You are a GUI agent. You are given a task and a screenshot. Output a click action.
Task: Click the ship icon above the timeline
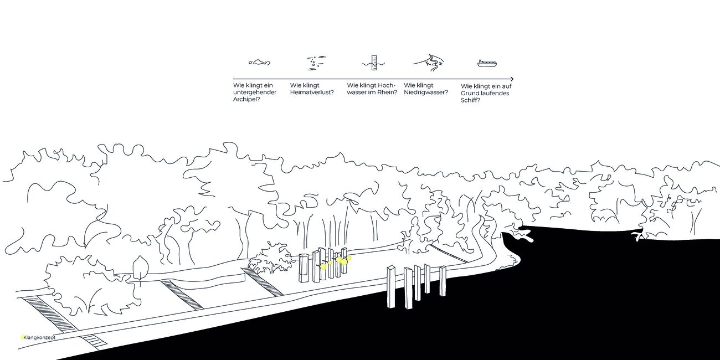487,63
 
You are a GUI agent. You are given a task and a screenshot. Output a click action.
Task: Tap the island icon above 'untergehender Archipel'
259,63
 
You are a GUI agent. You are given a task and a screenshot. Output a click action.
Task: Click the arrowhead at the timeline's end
511,79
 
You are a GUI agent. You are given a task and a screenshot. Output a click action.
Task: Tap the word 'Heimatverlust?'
312,92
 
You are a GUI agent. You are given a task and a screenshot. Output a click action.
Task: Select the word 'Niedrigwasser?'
426,92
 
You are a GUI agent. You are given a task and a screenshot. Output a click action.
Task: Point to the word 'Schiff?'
471,100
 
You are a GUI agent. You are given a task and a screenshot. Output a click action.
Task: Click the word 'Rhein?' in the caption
388,92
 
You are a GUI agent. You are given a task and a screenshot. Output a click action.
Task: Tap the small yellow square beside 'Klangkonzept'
22,337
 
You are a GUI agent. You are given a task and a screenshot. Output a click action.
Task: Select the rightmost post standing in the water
443,280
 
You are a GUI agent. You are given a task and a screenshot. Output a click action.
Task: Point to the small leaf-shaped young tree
140,266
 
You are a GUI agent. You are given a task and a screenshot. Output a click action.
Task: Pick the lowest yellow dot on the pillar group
324,266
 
